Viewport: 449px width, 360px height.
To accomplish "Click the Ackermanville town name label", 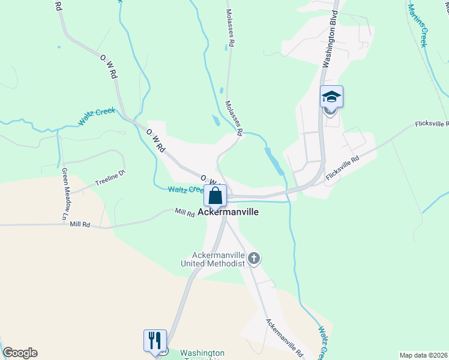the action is pyautogui.click(x=229, y=212).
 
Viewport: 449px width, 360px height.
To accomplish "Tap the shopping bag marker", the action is pyautogui.click(x=215, y=196).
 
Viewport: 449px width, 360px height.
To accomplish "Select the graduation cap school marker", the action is pyautogui.click(x=331, y=96).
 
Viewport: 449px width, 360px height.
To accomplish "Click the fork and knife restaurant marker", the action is pyautogui.click(x=155, y=340).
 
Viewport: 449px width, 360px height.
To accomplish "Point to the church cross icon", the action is pyautogui.click(x=255, y=259).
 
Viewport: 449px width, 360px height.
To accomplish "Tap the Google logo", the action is pyautogui.click(x=19, y=353).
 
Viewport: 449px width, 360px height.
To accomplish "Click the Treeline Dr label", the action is pyautogui.click(x=109, y=178).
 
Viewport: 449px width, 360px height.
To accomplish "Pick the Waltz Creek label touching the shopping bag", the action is pyautogui.click(x=186, y=190).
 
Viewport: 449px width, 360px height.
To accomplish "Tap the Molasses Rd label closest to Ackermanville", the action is pyautogui.click(x=234, y=116).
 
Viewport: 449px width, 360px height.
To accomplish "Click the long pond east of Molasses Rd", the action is pyautogui.click(x=274, y=160).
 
